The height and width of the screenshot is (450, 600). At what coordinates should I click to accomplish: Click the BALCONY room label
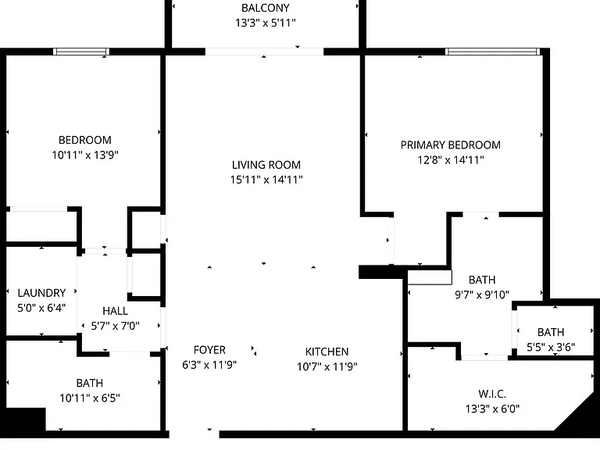coord(265,8)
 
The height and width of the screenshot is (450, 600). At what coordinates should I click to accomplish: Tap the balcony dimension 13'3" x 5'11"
coord(266,23)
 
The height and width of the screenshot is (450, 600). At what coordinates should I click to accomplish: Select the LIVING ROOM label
coord(266,165)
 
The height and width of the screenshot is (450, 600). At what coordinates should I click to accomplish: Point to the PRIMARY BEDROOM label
coord(450,145)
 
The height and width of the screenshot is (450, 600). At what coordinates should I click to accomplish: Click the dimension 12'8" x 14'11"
coord(451,160)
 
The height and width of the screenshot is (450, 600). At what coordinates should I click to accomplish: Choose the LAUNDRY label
coord(41,293)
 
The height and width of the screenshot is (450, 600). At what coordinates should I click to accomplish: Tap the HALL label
coord(115,311)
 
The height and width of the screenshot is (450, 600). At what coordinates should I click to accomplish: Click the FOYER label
coord(209,350)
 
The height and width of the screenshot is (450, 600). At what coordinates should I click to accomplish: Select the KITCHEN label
coord(327,352)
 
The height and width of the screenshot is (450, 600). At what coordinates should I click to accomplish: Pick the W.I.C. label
coord(492,394)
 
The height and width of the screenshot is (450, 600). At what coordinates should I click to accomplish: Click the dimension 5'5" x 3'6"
coord(551,347)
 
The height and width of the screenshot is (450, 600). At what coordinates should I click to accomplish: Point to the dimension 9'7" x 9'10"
coord(482,295)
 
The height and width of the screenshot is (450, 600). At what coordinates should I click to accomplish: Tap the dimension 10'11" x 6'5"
coord(90,398)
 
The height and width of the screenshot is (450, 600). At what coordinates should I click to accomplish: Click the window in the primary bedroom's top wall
coord(492,52)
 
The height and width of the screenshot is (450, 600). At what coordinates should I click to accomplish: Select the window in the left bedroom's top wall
coord(81,52)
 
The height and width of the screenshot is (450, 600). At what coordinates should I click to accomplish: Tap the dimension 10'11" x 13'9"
coord(85,155)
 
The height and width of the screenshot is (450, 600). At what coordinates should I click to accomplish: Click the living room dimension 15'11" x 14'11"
coord(266,180)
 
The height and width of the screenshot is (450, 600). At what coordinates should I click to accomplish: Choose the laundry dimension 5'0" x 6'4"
coord(41,308)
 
